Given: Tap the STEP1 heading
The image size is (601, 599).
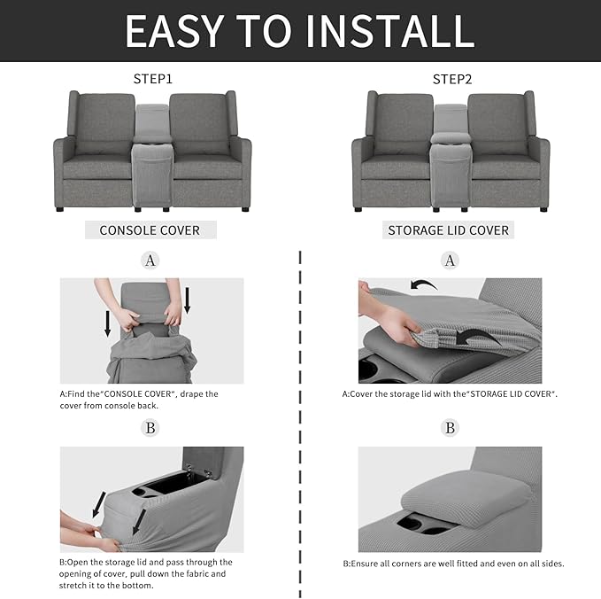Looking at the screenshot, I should (x=152, y=79).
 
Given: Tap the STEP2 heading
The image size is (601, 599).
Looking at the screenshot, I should (x=451, y=79).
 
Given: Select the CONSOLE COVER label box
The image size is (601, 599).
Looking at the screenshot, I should (x=150, y=230).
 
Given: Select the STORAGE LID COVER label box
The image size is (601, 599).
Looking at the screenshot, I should (x=449, y=230).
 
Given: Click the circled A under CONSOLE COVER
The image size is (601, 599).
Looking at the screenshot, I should (x=150, y=261).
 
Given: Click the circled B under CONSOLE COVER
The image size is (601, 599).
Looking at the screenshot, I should (x=150, y=428).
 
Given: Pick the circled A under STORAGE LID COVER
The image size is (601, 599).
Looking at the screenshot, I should (x=451, y=261).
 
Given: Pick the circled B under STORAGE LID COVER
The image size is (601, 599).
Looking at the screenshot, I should (x=451, y=428).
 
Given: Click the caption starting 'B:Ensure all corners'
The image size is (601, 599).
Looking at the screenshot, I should (x=453, y=564).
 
